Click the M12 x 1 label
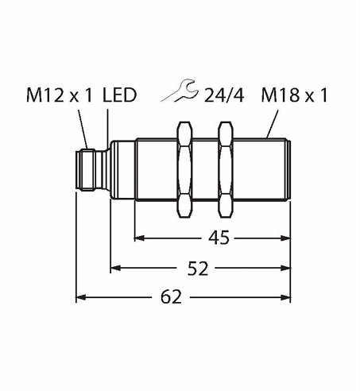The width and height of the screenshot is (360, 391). [60, 95]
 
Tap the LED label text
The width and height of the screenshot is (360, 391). [119, 95]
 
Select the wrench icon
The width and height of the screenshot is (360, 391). [180, 91]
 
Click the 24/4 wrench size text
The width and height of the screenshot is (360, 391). [224, 95]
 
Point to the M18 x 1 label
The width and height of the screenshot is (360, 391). [295, 95]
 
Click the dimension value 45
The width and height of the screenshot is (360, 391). [219, 238]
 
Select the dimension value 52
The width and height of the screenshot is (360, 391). [198, 268]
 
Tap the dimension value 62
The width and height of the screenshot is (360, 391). [171, 297]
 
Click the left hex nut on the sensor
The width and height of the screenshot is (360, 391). [184, 169]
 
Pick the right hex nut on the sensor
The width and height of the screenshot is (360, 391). [226, 169]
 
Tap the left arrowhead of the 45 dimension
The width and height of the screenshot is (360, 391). [139, 238]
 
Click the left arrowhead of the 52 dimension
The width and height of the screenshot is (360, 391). [115, 268]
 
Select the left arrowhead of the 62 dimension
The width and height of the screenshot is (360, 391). [81, 297]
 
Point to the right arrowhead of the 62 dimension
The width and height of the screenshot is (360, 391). [285, 297]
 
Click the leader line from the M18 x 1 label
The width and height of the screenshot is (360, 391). [272, 124]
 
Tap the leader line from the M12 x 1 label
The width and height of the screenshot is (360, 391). [83, 130]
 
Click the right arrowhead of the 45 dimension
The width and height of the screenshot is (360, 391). [285, 238]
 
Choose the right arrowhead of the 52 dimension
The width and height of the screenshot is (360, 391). [285, 268]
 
